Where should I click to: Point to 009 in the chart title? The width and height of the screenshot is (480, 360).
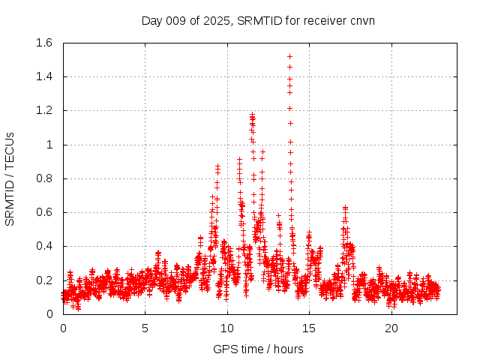pyautogui.click(x=177, y=20)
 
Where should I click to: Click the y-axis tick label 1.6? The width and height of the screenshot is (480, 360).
pyautogui.click(x=43, y=43)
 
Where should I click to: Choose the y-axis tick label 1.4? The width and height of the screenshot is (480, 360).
pyautogui.click(x=43, y=76)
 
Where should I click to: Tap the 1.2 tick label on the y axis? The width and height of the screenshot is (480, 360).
pyautogui.click(x=43, y=110)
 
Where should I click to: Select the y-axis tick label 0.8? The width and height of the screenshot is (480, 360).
pyautogui.click(x=43, y=178)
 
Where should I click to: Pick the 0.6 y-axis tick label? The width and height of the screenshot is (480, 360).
pyautogui.click(x=43, y=212)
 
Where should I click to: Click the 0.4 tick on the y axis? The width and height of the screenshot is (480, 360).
pyautogui.click(x=43, y=246)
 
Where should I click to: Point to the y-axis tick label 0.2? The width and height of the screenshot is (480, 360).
pyautogui.click(x=43, y=280)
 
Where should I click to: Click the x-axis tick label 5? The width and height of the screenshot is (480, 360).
pyautogui.click(x=145, y=328)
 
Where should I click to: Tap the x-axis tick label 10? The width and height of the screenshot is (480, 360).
pyautogui.click(x=227, y=328)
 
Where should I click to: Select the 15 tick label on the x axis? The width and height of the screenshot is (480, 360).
pyautogui.click(x=310, y=328)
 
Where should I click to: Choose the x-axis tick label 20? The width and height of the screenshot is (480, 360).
pyautogui.click(x=391, y=328)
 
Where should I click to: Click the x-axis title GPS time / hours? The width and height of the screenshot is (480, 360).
pyautogui.click(x=258, y=349)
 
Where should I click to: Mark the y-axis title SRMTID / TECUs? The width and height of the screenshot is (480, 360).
pyautogui.click(x=10, y=178)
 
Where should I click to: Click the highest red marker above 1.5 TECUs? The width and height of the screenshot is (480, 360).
pyautogui.click(x=289, y=56)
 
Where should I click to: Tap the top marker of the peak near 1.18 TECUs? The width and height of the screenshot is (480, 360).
pyautogui.click(x=253, y=115)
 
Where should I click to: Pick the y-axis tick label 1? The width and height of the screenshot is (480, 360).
pyautogui.click(x=49, y=145)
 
